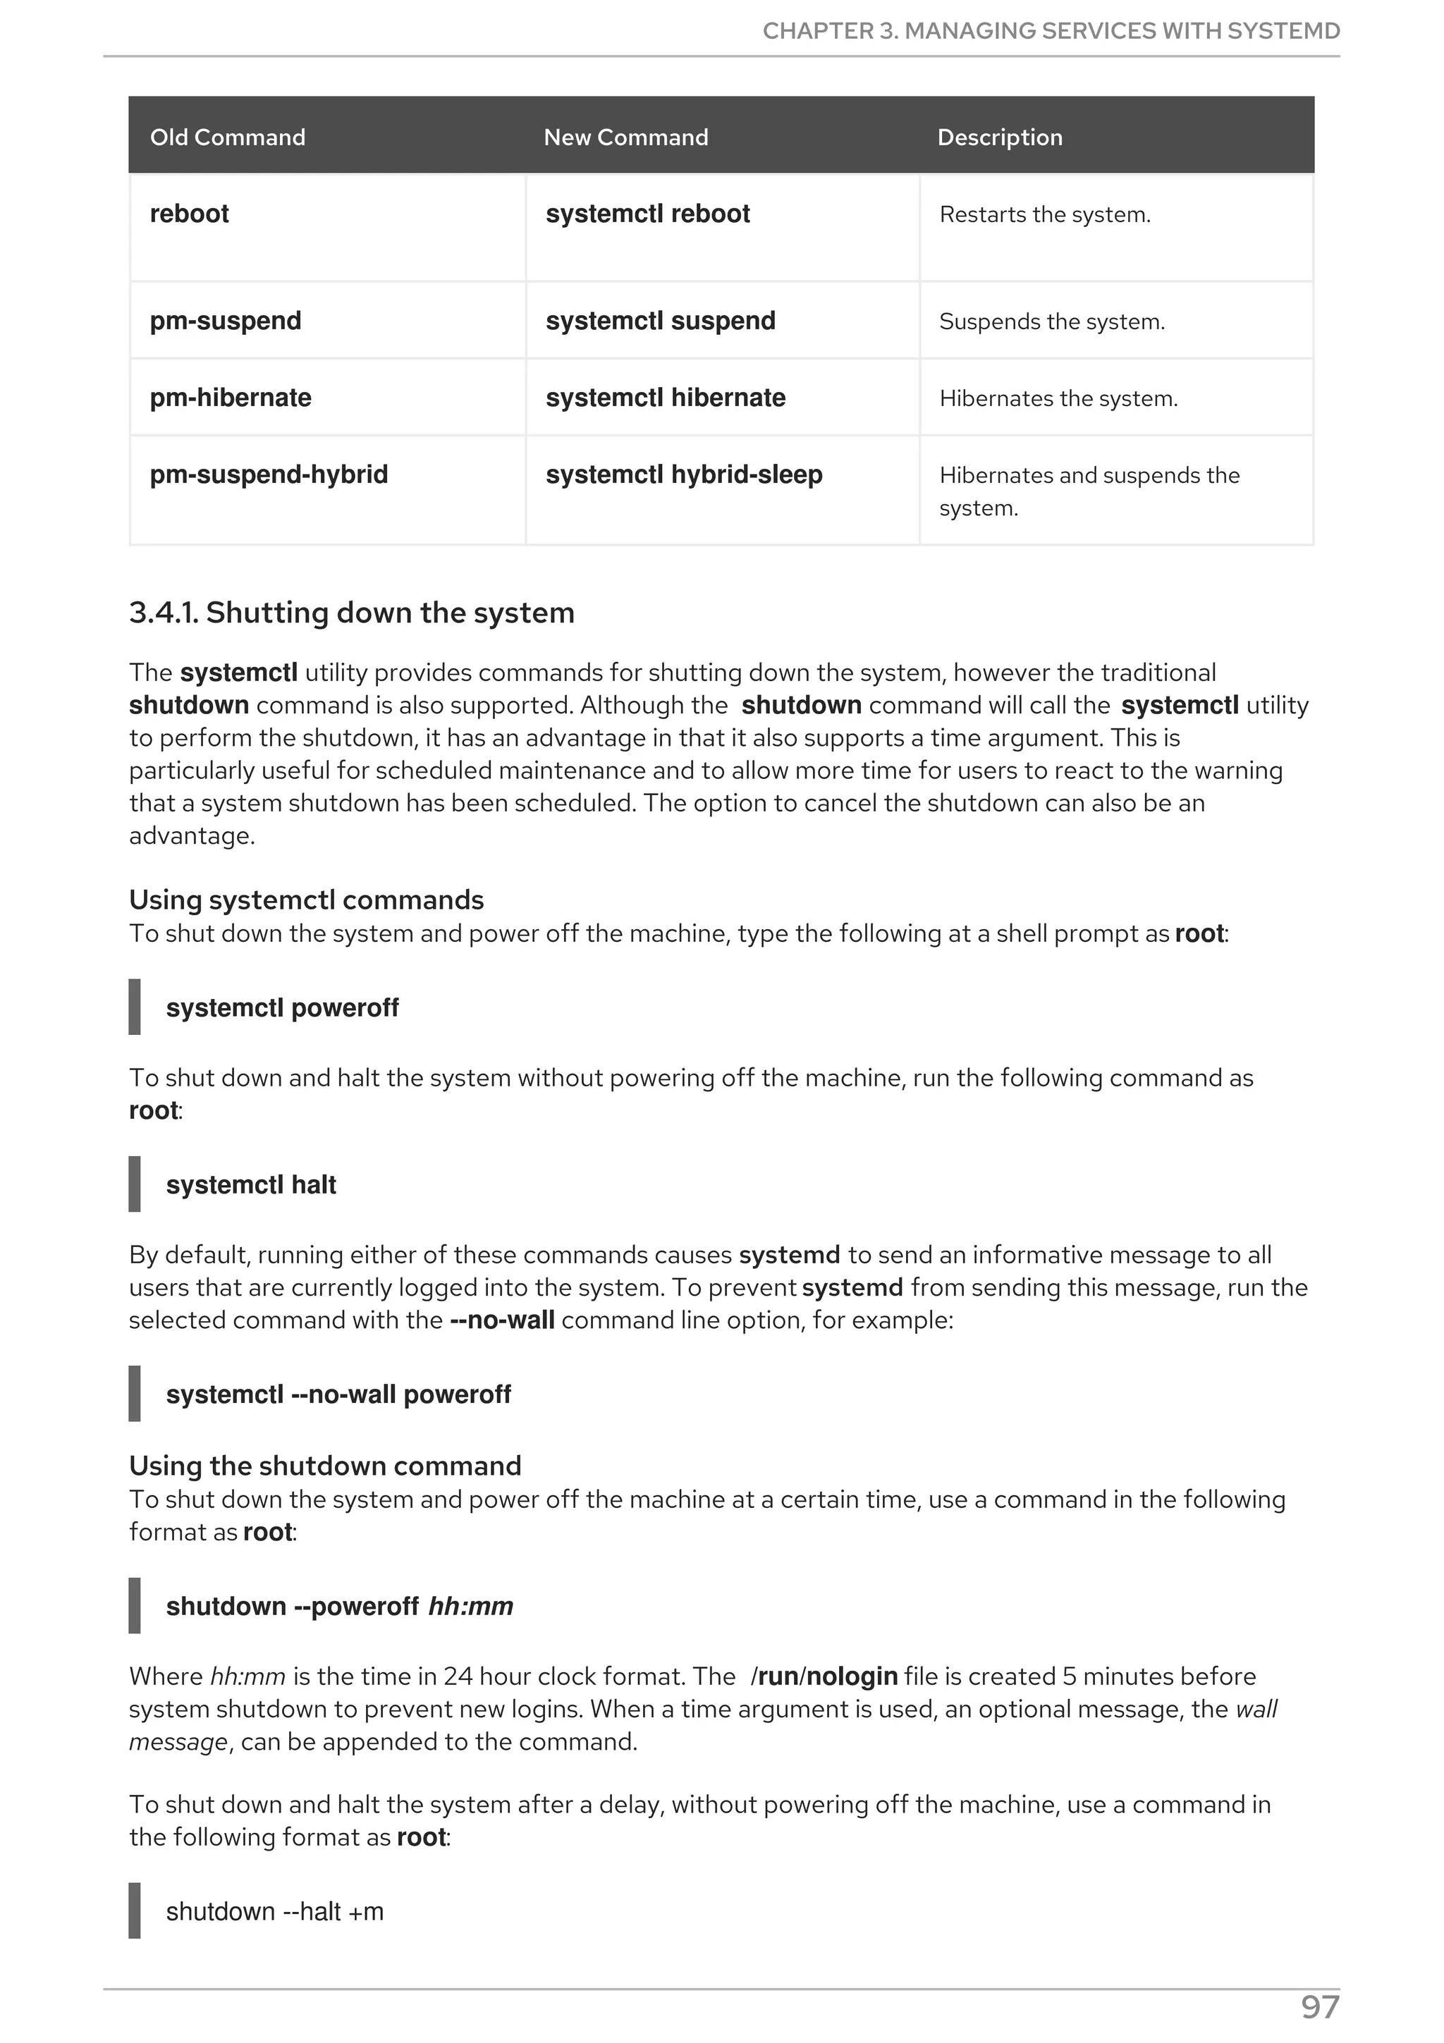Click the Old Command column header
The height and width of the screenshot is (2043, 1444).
click(x=227, y=137)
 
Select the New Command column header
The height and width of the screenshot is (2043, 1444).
click(x=625, y=137)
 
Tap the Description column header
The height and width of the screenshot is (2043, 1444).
click(x=999, y=137)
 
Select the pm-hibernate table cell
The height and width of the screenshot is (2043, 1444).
click(x=231, y=397)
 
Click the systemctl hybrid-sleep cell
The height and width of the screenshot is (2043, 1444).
click(x=683, y=474)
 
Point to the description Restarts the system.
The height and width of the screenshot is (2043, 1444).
click(x=1044, y=214)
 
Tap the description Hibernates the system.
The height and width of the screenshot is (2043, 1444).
click(x=1058, y=398)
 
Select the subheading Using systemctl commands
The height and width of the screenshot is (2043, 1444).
click(x=306, y=900)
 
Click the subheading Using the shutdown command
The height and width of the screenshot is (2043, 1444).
click(x=325, y=1466)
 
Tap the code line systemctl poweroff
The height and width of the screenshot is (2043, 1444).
click(x=282, y=1007)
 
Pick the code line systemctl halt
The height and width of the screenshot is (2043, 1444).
click(x=251, y=1184)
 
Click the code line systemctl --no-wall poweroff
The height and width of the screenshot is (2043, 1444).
click(x=338, y=1394)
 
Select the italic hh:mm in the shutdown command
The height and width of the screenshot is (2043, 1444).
click(x=471, y=1606)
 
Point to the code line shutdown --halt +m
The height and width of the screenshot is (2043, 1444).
click(x=274, y=1911)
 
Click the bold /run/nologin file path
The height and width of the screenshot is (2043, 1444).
click(x=824, y=1676)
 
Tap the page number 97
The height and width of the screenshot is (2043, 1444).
click(x=1319, y=2008)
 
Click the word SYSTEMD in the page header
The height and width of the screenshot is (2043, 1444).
click(x=1283, y=31)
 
